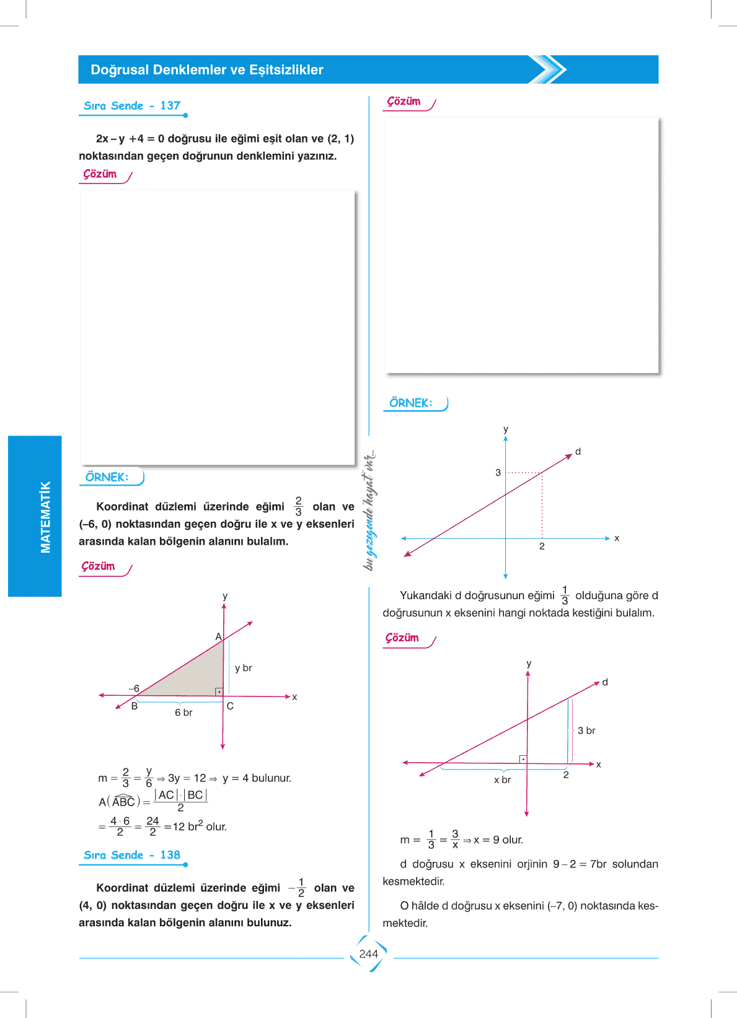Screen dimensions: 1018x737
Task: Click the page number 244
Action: coord(368,954)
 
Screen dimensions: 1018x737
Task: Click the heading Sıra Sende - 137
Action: coord(132,106)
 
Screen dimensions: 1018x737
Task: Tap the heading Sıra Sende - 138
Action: coord(132,855)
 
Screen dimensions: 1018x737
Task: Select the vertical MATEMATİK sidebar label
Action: coord(45,516)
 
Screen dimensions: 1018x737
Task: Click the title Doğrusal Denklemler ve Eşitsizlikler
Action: coord(207,70)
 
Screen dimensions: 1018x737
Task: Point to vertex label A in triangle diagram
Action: coord(218,636)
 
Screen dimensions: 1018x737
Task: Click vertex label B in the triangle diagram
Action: coord(134,706)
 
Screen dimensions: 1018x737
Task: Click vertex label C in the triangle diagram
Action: coord(230,706)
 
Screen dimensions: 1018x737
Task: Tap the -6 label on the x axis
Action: coord(134,688)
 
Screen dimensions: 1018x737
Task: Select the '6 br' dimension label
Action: coord(183,713)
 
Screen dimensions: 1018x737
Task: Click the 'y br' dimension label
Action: coord(243,668)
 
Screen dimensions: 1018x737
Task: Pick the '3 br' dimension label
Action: coord(586,731)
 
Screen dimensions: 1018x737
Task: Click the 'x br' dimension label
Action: coord(502,779)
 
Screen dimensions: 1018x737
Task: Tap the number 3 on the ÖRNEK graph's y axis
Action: coord(498,473)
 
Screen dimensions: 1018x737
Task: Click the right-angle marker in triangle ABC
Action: coord(219,691)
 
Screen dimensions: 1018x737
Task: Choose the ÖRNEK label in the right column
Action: coord(410,403)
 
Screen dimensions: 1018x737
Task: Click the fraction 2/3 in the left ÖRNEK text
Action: coord(298,506)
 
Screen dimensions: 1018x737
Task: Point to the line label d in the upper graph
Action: coord(578,452)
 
